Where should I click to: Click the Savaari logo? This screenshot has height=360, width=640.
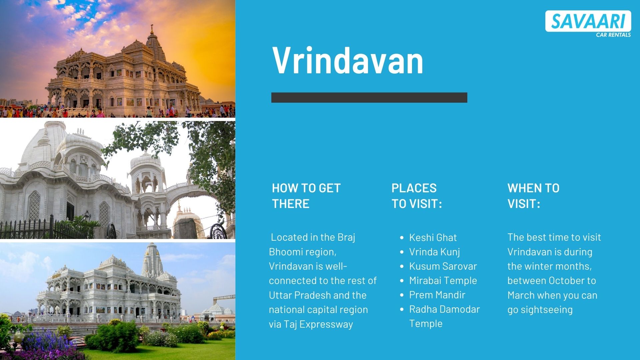588,21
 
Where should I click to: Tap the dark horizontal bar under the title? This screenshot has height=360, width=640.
369,97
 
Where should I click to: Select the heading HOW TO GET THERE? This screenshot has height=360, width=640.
306,196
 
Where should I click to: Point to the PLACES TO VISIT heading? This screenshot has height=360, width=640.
416,196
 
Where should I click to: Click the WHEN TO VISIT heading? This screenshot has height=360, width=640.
533,196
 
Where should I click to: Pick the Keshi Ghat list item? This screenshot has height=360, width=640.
433,237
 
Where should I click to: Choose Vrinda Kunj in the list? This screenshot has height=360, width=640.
434,252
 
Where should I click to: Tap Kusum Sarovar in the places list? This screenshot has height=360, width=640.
443,266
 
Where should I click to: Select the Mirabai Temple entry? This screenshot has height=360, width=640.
443,280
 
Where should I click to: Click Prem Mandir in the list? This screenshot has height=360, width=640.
437,295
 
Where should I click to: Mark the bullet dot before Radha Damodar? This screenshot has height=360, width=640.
402,309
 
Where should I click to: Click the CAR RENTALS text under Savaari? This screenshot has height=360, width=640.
613,35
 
